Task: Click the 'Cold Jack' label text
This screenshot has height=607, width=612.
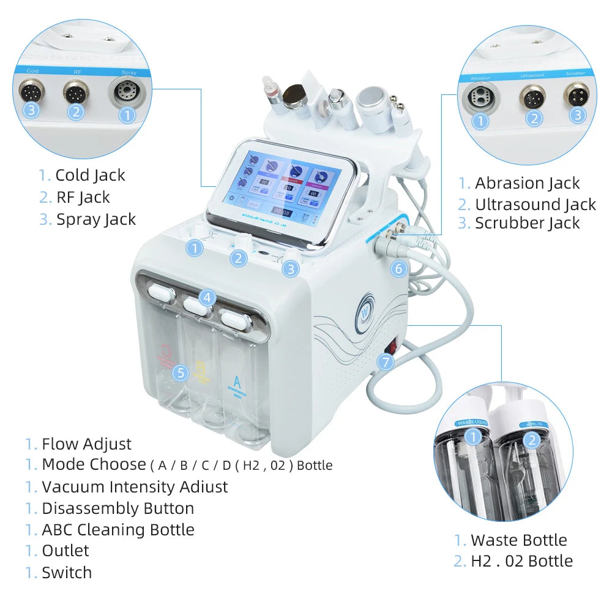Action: point(90,175)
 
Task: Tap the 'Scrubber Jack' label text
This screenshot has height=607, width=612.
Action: point(527,224)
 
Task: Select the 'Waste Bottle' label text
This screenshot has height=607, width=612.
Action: point(518,540)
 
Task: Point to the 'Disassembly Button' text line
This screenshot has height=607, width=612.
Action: point(118,508)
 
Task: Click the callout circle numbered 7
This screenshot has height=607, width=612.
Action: point(385,361)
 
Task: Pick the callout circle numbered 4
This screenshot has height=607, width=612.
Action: point(207,298)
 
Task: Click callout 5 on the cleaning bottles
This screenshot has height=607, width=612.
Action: point(180,372)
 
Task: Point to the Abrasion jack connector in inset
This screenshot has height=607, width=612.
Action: point(481,99)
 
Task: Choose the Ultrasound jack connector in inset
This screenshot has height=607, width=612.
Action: point(534,98)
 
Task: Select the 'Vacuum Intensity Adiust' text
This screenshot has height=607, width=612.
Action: point(134,487)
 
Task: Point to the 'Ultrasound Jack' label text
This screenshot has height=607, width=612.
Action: point(535,204)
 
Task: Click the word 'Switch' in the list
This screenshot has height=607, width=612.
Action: point(67,573)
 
